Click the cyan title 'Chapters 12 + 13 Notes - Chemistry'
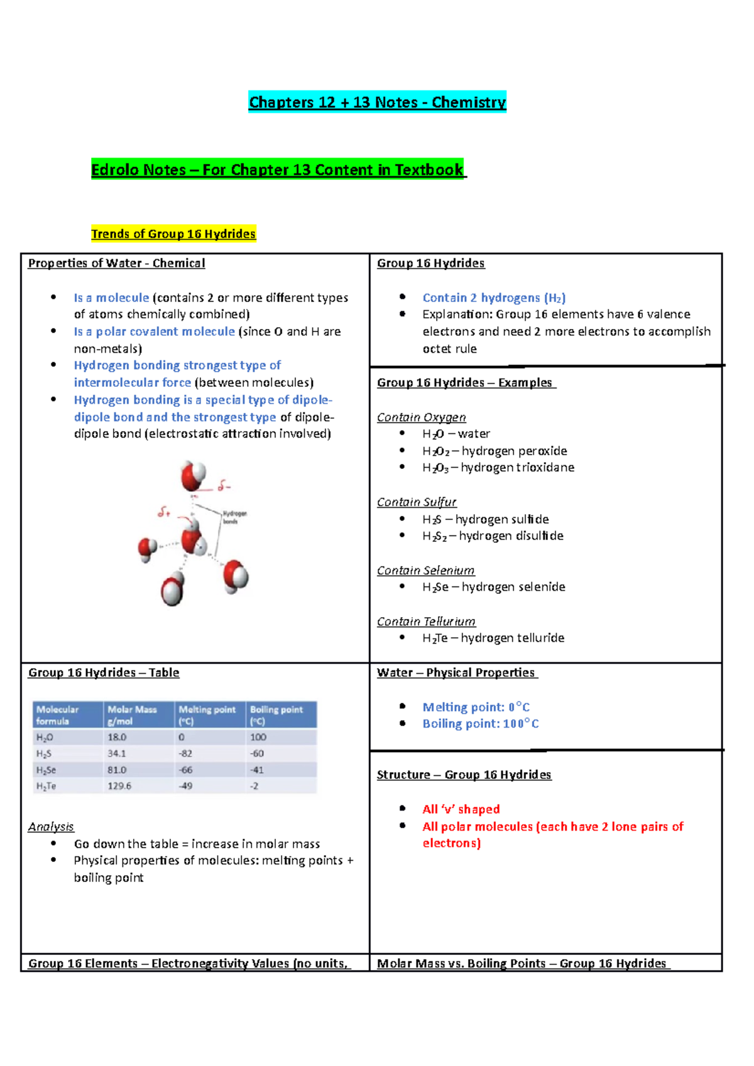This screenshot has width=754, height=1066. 377,102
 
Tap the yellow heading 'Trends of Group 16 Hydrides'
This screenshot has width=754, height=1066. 173,234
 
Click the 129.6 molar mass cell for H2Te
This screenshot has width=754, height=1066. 119,786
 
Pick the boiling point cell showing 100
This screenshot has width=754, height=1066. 258,737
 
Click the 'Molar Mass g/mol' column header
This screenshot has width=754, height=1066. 132,715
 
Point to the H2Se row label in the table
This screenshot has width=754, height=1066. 46,770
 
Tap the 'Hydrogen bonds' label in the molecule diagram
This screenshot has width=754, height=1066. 234,517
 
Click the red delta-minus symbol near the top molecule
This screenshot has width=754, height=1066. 224,486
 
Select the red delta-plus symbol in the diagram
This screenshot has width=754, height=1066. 164,512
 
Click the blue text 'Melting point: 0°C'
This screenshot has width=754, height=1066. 476,707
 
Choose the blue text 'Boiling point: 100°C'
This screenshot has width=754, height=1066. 480,724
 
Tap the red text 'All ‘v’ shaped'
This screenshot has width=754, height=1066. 461,809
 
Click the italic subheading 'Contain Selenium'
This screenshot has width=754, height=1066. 425,571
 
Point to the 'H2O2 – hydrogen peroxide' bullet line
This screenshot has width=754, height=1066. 494,451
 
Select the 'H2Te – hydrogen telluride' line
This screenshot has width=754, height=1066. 493,638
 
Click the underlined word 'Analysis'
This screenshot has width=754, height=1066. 51,827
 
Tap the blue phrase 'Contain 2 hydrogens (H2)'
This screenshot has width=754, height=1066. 494,298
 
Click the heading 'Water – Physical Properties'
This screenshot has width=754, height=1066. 456,672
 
